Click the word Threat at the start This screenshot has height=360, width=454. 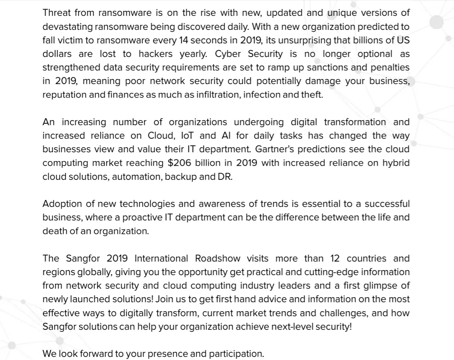point(57,13)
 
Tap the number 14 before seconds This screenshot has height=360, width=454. point(184,40)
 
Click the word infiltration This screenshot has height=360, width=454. point(216,95)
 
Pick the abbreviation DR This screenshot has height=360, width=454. point(224,177)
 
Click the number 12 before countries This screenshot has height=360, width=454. point(335,258)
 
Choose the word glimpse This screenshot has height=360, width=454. point(384,285)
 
